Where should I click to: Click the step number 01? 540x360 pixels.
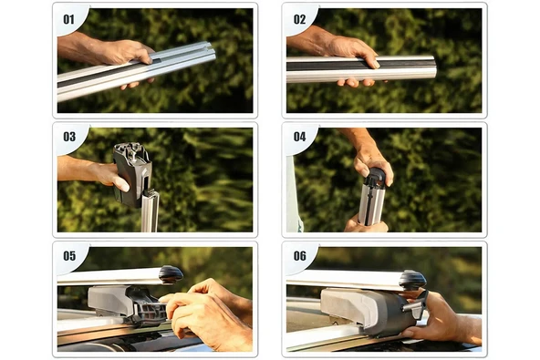[x=69, y=19]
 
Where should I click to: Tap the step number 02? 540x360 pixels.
[x=299, y=19]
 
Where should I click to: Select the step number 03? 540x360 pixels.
[x=69, y=137]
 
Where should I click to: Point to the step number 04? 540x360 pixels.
[x=299, y=137]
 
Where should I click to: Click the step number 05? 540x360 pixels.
[x=69, y=256]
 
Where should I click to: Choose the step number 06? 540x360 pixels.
[x=299, y=256]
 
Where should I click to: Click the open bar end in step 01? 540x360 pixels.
[x=209, y=52]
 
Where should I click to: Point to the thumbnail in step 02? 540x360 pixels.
[x=376, y=65]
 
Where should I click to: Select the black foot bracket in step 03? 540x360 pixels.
[x=132, y=174]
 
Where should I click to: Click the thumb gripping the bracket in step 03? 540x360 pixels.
[x=120, y=183]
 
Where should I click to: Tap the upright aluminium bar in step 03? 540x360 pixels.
[x=150, y=211]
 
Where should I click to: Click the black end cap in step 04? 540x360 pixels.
[x=376, y=176]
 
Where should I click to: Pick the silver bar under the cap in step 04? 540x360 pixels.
[x=371, y=204]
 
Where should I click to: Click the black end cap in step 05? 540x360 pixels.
[x=171, y=274]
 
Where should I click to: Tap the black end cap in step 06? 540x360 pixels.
[x=413, y=280]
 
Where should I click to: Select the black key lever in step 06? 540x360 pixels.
[x=418, y=304]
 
